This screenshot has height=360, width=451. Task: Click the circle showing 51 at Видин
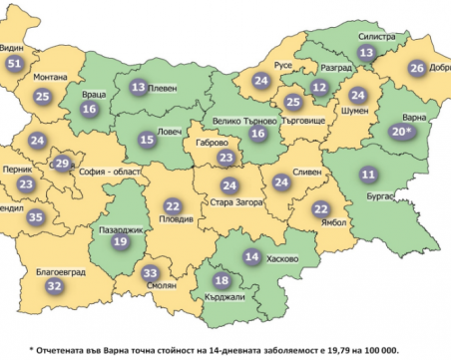14,64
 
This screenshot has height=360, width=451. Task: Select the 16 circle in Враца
90,110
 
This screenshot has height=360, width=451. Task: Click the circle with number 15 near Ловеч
147,141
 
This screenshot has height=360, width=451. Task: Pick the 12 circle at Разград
319,87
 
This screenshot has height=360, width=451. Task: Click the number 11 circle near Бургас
368,175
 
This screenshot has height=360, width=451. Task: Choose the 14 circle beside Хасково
252,257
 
